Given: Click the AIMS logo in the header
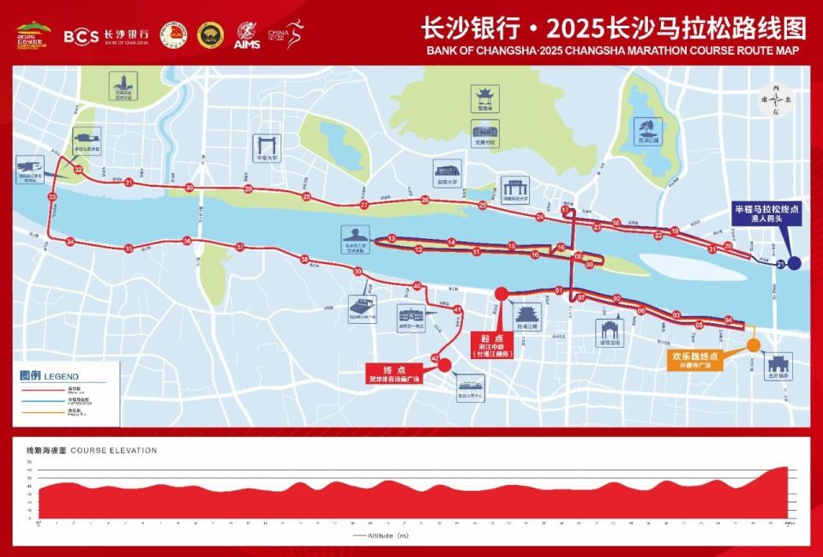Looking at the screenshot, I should click(x=247, y=35).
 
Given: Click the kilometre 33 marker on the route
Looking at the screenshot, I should click(x=52, y=197).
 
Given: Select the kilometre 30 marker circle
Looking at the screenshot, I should click(x=189, y=188).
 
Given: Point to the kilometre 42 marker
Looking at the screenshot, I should click(x=436, y=358).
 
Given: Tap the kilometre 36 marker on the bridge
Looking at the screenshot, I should click(x=187, y=242).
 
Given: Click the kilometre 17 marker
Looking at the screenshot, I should click(x=565, y=210).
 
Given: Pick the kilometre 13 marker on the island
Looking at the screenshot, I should click(x=391, y=238).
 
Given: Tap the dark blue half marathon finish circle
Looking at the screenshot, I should click(x=795, y=264).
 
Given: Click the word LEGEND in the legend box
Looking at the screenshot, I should click(x=61, y=376).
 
